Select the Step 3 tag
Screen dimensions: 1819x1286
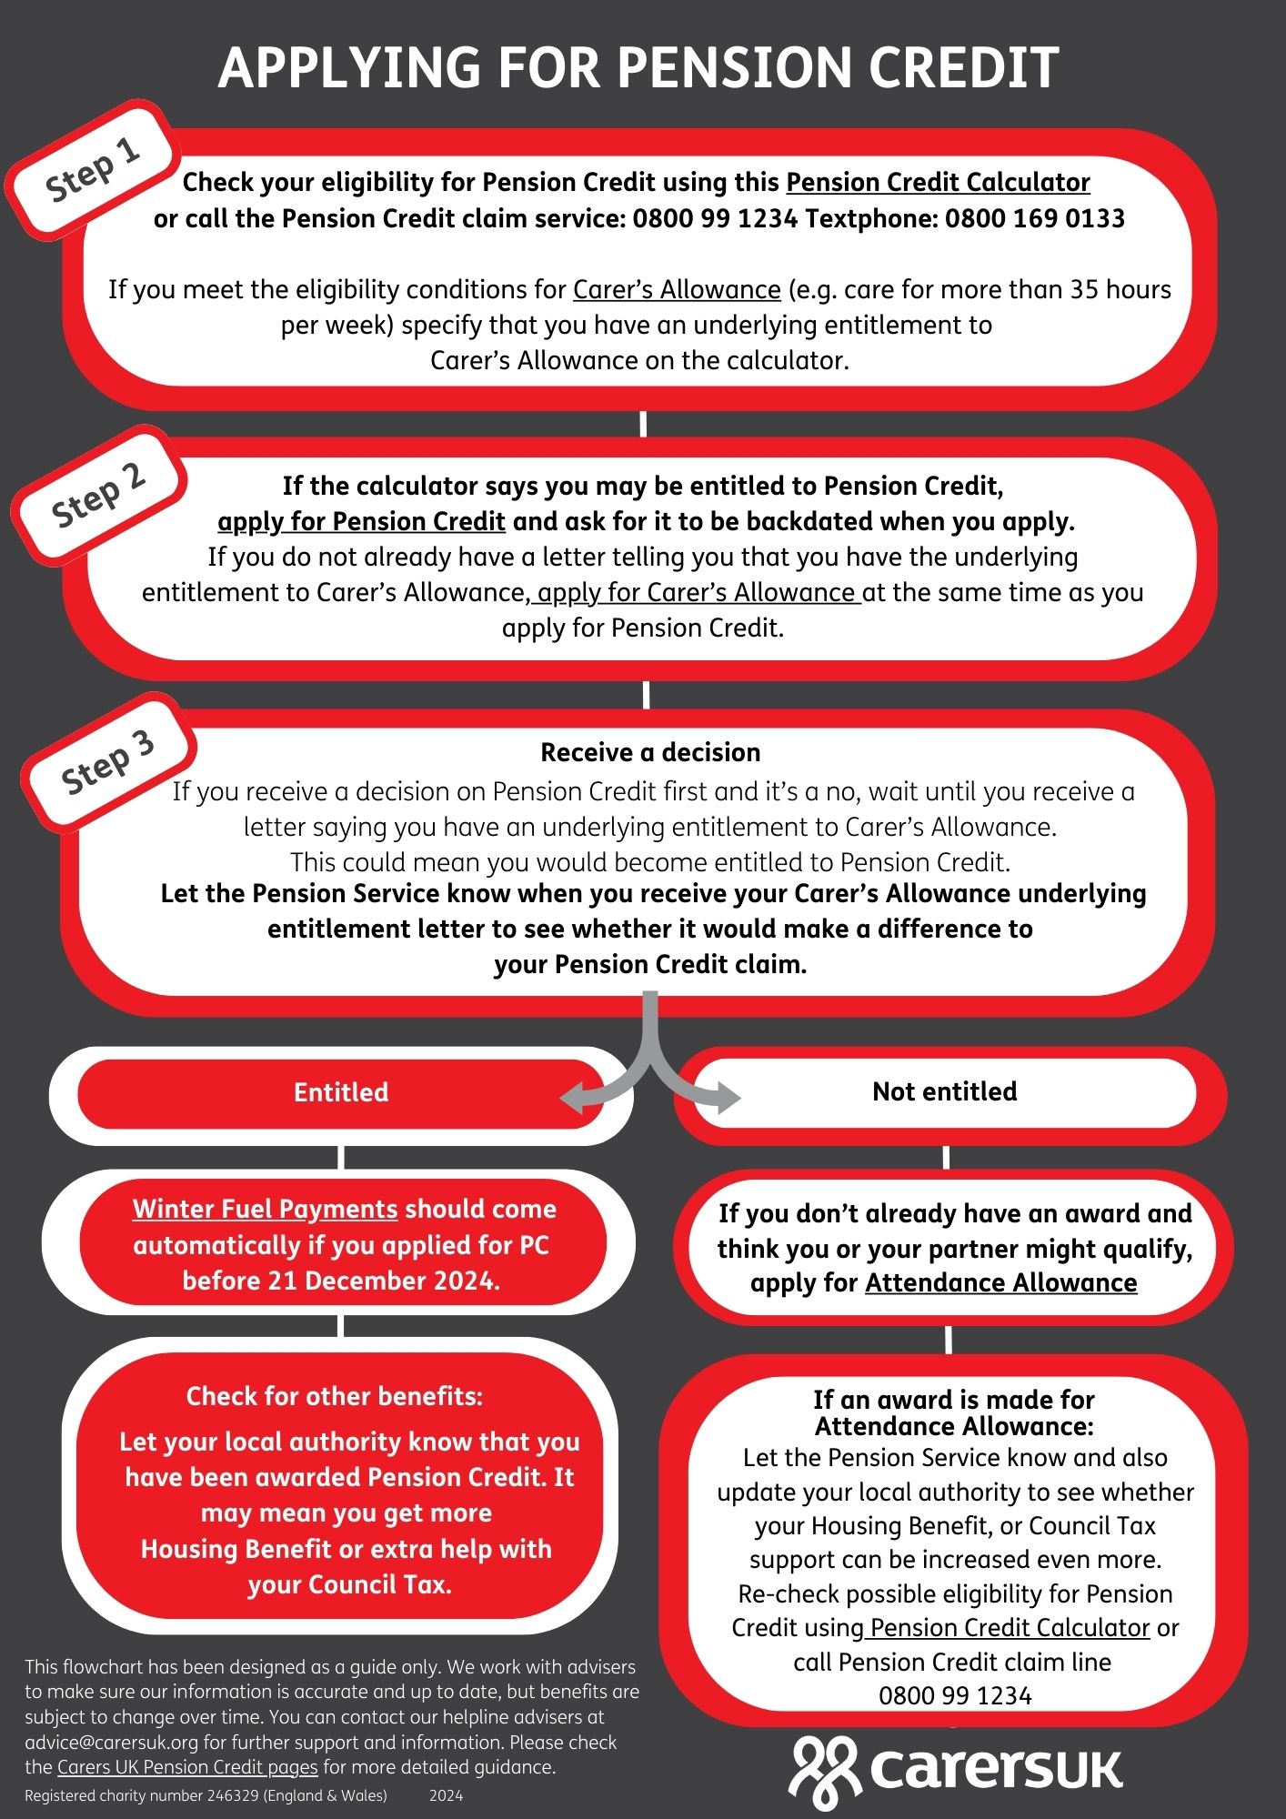click(107, 762)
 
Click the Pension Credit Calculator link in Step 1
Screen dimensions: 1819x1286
click(938, 183)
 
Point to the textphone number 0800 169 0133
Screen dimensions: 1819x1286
click(1034, 219)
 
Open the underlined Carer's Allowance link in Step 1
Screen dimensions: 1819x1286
click(677, 290)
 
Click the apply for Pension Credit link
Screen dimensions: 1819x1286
click(361, 522)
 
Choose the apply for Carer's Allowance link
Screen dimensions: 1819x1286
click(697, 593)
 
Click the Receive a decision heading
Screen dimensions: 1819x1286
click(650, 753)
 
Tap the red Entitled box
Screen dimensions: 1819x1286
click(340, 1092)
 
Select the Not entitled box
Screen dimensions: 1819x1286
click(944, 1091)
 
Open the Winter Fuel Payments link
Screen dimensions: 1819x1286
click(265, 1210)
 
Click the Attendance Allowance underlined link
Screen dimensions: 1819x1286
click(1000, 1283)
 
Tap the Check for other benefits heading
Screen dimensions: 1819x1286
click(334, 1396)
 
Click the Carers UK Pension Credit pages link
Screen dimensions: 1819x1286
click(187, 1767)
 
